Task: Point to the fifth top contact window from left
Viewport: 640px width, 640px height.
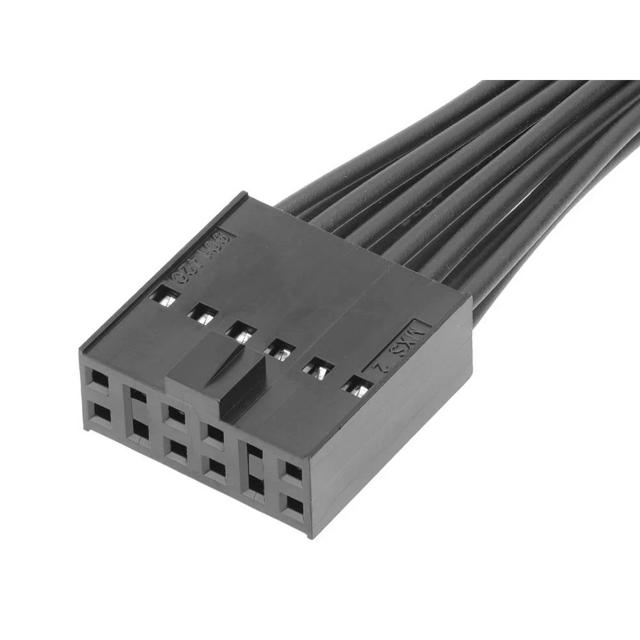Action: pos(318,367)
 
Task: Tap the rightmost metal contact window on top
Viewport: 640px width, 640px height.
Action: pos(357,386)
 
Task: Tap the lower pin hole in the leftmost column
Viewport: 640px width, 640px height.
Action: pos(100,414)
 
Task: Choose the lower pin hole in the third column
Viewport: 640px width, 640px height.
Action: pos(177,450)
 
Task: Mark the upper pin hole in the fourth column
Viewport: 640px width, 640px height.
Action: pos(215,435)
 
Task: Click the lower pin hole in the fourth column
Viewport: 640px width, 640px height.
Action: pos(216,468)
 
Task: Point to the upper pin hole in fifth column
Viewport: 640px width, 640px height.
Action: pos(254,452)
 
